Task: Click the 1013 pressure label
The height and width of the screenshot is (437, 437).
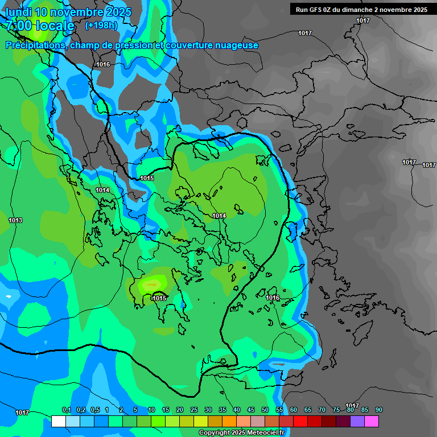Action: tap(15, 220)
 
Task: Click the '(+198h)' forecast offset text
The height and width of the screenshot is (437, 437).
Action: tap(101, 26)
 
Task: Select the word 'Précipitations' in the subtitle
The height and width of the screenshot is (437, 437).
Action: tap(35, 45)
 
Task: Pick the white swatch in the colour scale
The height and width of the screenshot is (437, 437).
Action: tap(58, 421)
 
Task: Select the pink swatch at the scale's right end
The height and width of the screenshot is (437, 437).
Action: tap(372, 421)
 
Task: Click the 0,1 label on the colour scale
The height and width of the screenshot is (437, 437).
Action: tap(66, 410)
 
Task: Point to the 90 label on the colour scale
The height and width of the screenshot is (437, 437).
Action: tap(379, 410)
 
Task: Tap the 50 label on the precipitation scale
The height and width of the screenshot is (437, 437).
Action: tap(265, 410)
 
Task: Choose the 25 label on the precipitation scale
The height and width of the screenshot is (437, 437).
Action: tap(194, 410)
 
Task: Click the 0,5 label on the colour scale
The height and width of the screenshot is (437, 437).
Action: tap(94, 410)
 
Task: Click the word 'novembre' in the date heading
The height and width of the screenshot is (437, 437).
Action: tap(80, 12)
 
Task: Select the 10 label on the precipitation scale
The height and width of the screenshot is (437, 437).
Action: tap(151, 410)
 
